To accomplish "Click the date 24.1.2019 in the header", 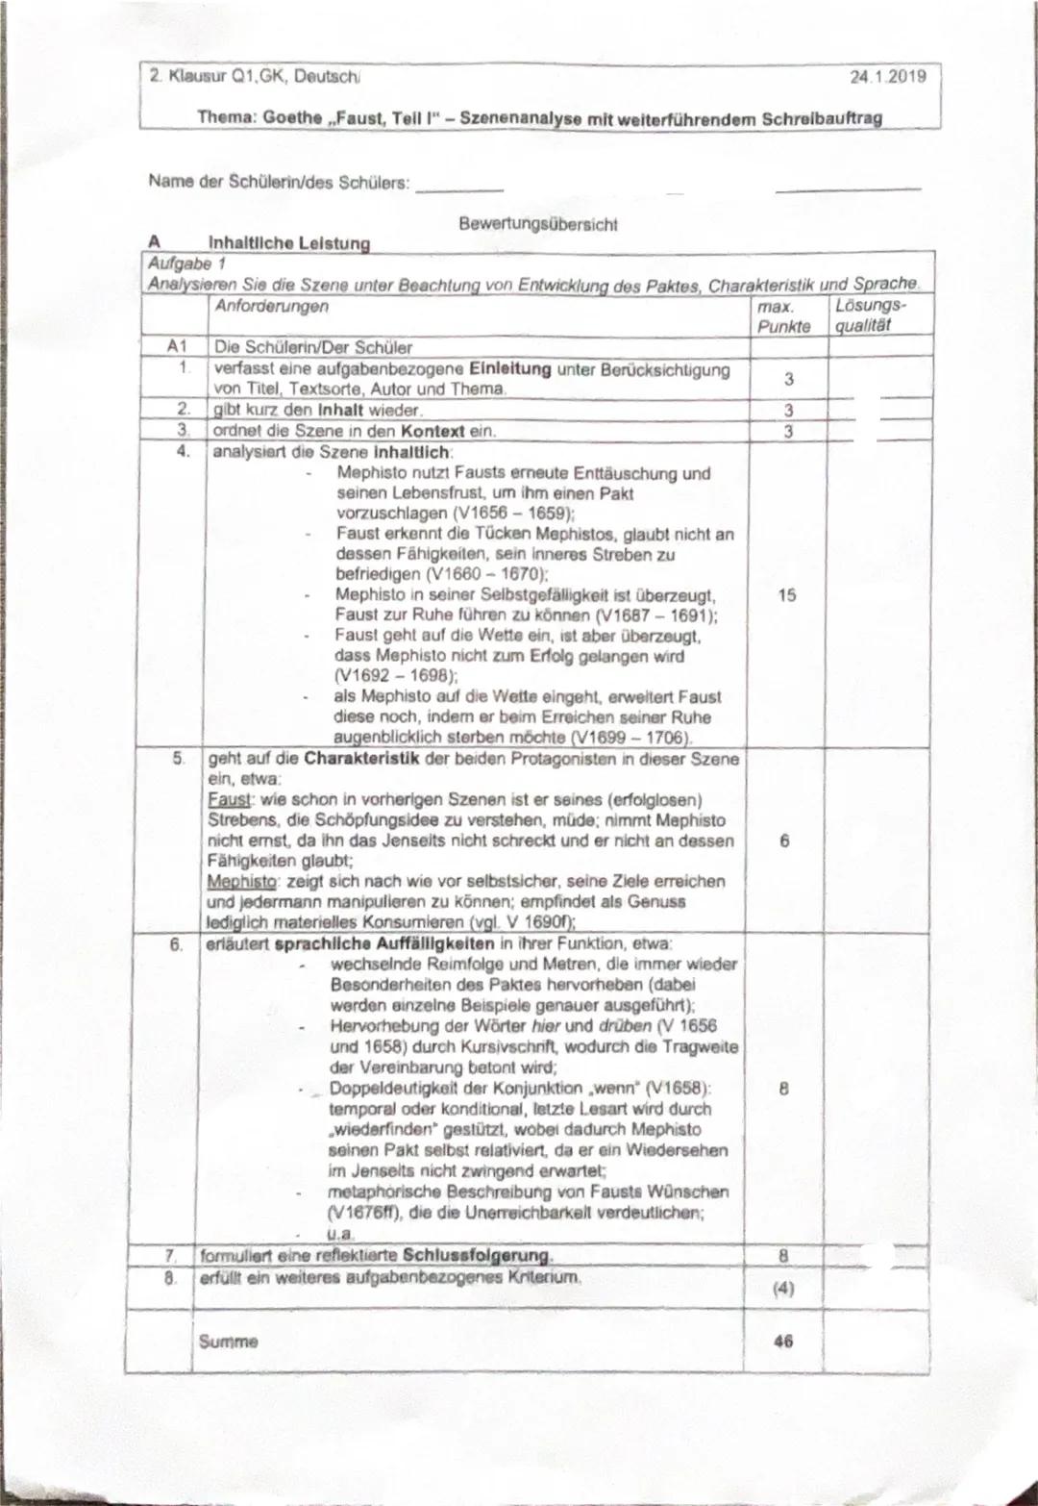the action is click(888, 76).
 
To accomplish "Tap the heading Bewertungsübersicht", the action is click(538, 224).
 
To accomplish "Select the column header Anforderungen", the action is click(271, 307).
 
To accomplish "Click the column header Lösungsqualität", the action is click(870, 315).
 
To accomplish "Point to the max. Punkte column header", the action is click(783, 316).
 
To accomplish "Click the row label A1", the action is click(177, 347).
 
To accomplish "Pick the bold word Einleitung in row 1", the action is click(510, 369).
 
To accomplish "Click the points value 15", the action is click(786, 595).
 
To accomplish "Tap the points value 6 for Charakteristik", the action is click(784, 841).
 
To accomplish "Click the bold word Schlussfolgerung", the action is click(478, 1256).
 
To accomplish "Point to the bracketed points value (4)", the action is click(783, 1289).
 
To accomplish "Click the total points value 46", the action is click(783, 1341).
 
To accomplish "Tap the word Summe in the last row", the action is click(228, 1341).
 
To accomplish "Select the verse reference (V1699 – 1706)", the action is click(630, 738).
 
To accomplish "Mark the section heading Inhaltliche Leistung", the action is click(289, 243).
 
